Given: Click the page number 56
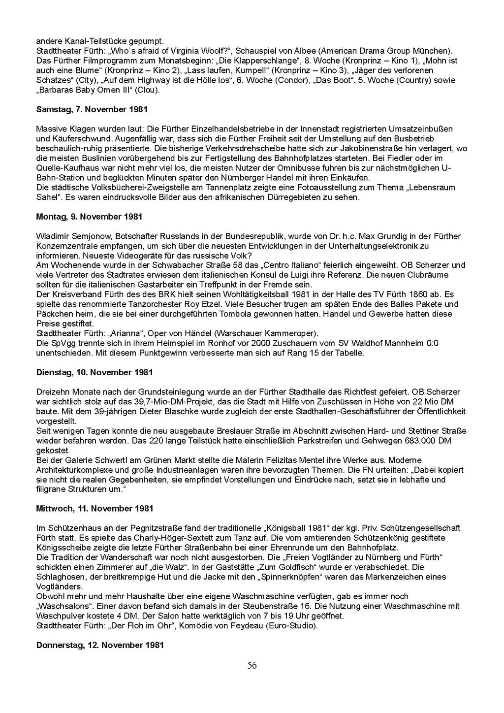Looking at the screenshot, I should point(252,666).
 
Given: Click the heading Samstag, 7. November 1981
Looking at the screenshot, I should point(92,109).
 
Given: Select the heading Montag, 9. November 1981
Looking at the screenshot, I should point(89,217).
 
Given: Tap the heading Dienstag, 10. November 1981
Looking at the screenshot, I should point(94,372).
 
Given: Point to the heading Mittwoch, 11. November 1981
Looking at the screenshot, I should point(94,508).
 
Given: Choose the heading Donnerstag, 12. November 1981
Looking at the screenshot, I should point(100,645).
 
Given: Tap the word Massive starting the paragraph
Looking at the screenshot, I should point(52,129).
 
